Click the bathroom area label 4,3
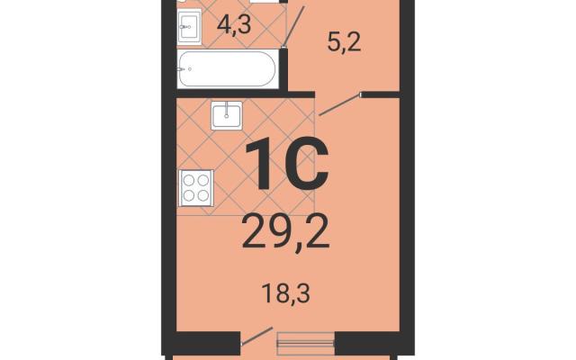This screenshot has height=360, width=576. [234, 25]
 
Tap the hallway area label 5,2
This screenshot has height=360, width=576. [344, 44]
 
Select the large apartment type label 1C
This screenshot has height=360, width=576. [286, 164]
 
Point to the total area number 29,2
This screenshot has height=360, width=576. [285, 232]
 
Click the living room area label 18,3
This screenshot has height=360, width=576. [286, 293]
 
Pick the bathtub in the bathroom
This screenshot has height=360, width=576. [228, 68]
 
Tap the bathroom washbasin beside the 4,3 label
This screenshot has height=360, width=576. [190, 26]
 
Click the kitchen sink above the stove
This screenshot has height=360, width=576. [227, 115]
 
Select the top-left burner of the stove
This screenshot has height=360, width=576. [189, 180]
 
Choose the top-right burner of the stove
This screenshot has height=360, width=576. [203, 180]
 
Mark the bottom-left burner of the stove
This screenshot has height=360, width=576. [189, 196]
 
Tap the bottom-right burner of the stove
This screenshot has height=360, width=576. [203, 196]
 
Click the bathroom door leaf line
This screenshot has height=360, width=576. [294, 26]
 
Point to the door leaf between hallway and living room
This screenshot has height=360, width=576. [339, 104]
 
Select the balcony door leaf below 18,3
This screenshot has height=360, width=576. [256, 336]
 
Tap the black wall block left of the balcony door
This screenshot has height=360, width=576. [208, 343]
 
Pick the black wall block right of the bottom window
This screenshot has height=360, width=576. [367, 343]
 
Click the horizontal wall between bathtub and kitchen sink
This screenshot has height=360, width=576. [246, 94]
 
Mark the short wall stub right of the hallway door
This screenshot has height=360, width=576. [381, 94]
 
